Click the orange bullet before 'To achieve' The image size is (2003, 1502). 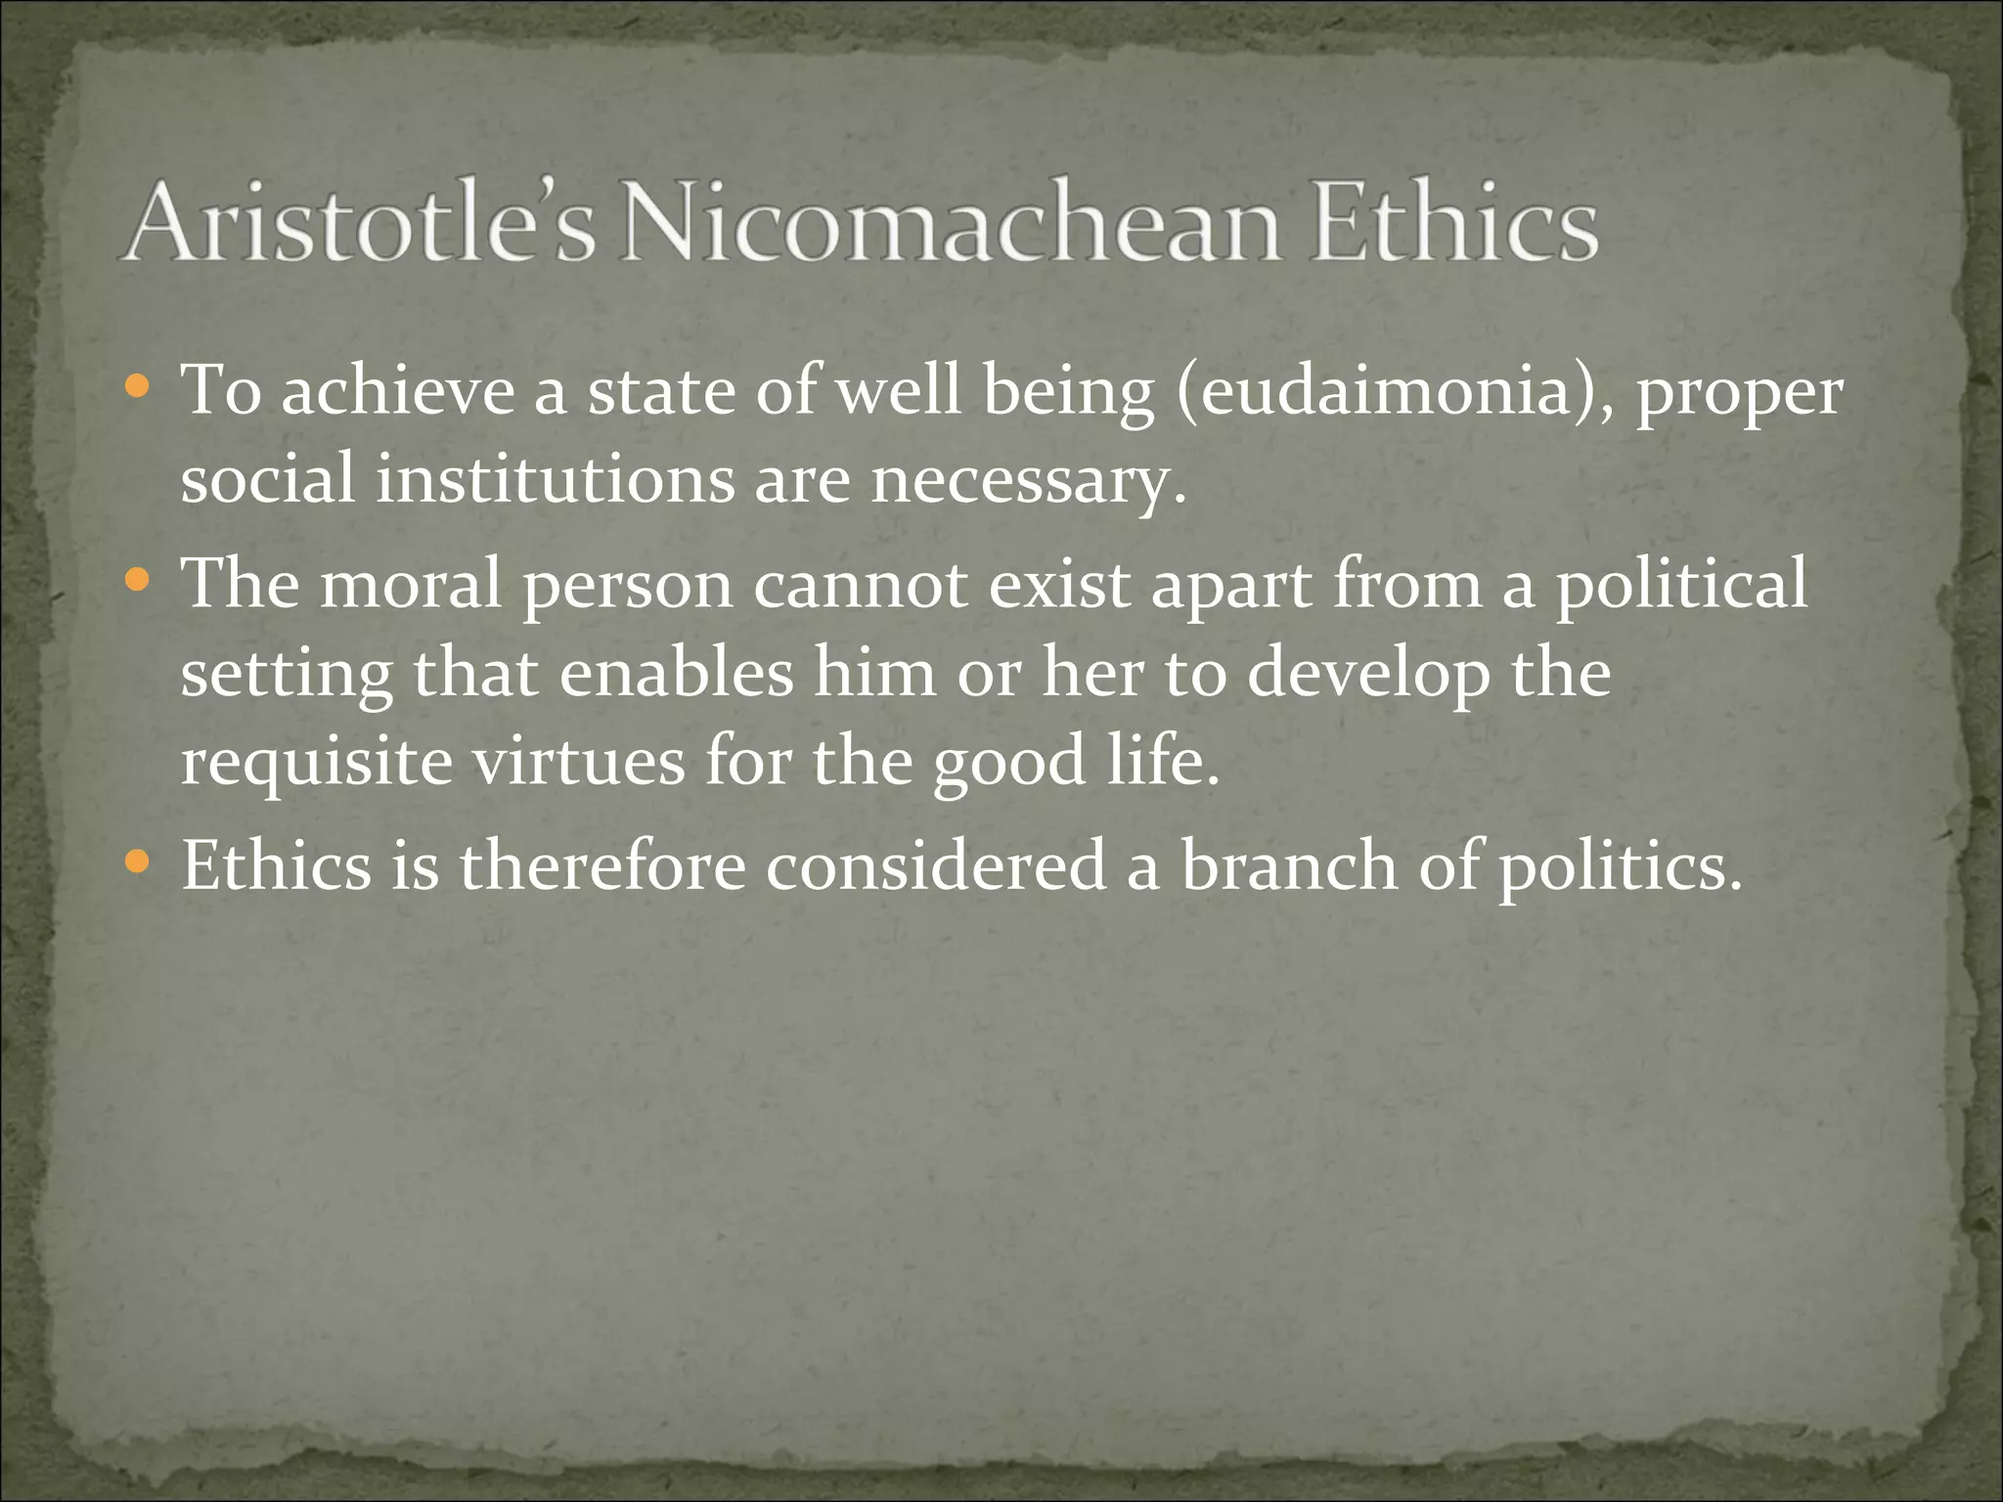pos(139,388)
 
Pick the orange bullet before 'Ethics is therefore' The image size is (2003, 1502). pos(139,862)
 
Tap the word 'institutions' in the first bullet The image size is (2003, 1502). pos(556,480)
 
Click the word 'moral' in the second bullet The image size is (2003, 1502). pos(411,584)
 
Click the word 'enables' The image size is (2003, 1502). pos(676,674)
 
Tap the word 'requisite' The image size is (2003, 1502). pos(316,764)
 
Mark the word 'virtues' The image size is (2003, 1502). pos(579,762)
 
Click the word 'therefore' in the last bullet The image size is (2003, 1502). pos(602,865)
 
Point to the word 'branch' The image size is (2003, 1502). pos(1289,865)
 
